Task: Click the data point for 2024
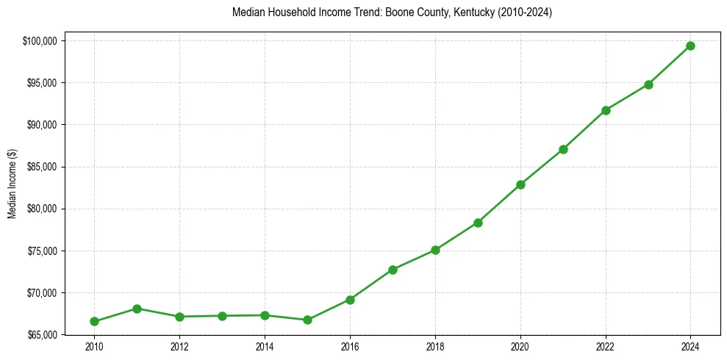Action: coord(690,46)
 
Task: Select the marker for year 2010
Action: coord(94,321)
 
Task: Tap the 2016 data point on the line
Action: coord(350,300)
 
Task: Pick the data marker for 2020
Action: coord(520,184)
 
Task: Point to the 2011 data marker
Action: coord(137,309)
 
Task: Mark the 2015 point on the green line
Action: coord(307,320)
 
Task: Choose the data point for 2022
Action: coord(606,110)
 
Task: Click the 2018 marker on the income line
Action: coord(435,250)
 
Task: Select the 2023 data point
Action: coord(648,84)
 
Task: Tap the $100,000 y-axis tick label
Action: coord(42,40)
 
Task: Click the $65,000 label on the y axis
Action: coord(43,335)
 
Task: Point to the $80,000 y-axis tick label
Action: coord(43,209)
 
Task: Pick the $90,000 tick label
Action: coord(43,125)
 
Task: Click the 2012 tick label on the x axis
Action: coord(179,346)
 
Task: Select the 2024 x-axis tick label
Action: coord(690,346)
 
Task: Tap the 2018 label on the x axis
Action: coord(435,346)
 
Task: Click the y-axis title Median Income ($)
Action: coord(12,184)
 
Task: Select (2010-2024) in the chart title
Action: coord(524,12)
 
